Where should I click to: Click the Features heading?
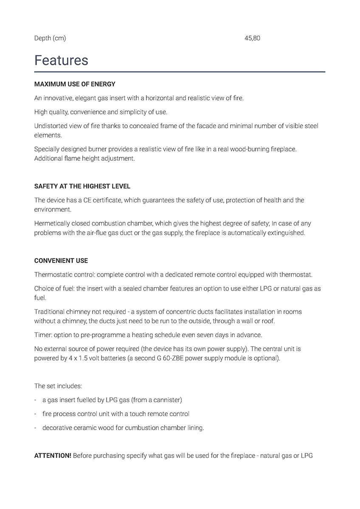tap(61, 60)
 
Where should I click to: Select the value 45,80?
tap(252, 38)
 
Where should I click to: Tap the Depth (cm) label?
tap(50, 38)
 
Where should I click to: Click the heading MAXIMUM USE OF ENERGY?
tap(75, 84)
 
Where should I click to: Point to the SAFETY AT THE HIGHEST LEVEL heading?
tap(82, 186)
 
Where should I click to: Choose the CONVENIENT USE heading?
tap(61, 260)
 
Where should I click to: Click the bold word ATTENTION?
tap(53, 456)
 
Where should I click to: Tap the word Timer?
tap(42, 335)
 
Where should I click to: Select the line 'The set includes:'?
tap(58, 386)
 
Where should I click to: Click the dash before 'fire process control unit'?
tap(35, 414)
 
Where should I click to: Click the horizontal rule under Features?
tap(180, 72)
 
